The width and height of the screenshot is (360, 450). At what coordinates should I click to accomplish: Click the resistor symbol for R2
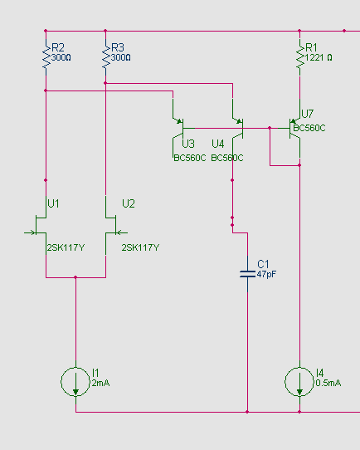[46, 57]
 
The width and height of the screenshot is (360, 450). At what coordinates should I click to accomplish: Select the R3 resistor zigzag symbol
[106, 57]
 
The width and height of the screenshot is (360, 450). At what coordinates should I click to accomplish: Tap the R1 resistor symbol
[300, 57]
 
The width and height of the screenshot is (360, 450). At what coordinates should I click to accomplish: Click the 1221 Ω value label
[319, 57]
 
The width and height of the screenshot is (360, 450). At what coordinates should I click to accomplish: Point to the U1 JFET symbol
[39, 225]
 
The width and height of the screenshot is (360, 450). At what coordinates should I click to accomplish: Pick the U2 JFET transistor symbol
[113, 225]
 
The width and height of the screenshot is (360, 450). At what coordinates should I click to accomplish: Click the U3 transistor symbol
[178, 128]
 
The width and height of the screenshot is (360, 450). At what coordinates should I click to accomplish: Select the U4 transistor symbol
[238, 128]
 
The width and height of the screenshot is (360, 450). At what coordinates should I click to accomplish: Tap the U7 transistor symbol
[295, 129]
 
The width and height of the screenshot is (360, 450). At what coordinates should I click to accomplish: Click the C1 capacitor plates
[248, 274]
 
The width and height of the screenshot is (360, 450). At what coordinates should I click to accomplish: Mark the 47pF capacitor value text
[266, 274]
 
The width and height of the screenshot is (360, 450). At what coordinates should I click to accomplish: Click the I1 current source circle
[75, 382]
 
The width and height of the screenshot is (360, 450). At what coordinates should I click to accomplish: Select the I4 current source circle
[299, 382]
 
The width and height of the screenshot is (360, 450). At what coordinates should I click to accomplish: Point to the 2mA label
[100, 383]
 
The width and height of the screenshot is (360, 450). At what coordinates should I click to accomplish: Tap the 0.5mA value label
[328, 383]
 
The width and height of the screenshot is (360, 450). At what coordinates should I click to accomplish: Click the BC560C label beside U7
[309, 128]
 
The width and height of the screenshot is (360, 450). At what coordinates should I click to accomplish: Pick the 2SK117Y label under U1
[66, 247]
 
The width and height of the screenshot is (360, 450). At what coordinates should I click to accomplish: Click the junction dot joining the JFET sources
[75, 277]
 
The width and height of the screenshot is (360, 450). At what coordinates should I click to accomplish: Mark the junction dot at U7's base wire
[270, 128]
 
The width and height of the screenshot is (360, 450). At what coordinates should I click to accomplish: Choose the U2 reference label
[129, 203]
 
